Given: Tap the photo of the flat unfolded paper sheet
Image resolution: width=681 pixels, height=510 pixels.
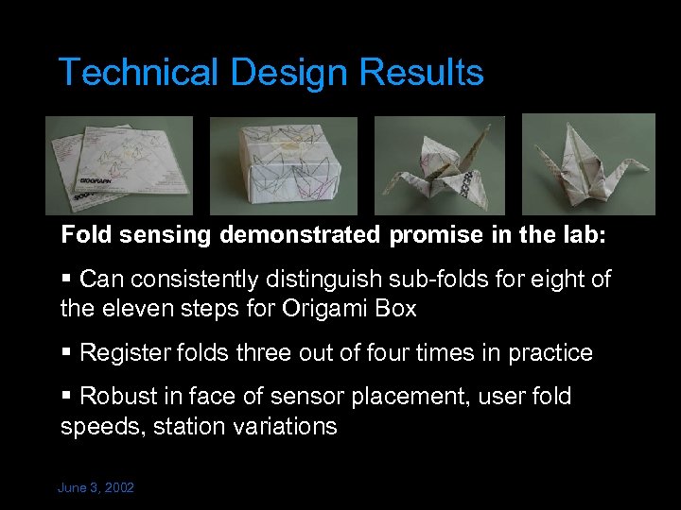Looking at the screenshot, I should (119, 165).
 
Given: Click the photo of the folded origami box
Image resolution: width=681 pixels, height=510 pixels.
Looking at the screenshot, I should (284, 166).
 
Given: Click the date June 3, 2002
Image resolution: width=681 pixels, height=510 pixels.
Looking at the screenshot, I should (96, 487).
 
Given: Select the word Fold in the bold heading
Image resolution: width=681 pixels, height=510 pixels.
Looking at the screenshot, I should (82, 234).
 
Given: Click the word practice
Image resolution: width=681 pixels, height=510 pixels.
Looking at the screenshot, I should (550, 353).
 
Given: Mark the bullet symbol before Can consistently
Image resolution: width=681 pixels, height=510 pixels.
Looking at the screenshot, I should (65, 280).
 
